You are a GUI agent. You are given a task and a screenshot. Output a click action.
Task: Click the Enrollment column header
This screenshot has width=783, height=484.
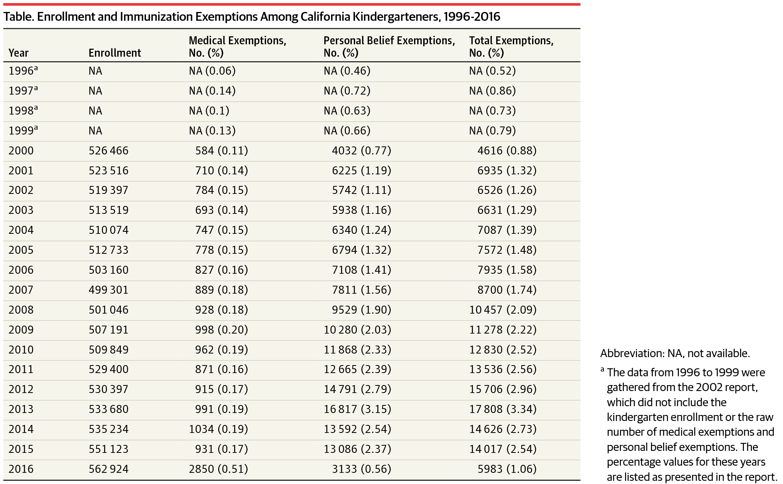pos(114,53)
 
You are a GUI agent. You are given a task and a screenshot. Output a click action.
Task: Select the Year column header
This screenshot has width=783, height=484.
pos(19,53)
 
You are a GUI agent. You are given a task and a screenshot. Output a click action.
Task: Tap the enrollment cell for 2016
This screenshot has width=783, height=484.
pos(108,469)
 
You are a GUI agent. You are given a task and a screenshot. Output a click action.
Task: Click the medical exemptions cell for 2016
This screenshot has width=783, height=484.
pos(218,469)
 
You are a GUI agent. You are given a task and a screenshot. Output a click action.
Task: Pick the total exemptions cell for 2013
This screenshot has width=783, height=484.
pos(503,409)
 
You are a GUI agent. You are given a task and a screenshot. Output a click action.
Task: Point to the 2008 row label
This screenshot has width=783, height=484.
pos(21,310)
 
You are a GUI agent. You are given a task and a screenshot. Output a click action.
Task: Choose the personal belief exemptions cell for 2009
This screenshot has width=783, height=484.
pos(357,330)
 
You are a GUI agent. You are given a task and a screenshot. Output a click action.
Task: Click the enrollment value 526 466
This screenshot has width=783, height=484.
pos(108,151)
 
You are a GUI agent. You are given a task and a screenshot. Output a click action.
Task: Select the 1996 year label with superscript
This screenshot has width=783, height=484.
pos(23,71)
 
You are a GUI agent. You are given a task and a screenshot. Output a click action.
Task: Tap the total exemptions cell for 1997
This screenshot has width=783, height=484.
pos(492,91)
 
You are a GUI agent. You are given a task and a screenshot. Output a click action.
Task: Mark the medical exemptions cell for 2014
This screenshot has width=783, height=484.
pos(218,429)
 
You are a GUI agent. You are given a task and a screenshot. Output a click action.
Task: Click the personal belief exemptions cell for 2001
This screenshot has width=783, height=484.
pos(361,171)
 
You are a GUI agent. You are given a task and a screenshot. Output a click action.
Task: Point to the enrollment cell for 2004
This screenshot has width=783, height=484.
pos(108,230)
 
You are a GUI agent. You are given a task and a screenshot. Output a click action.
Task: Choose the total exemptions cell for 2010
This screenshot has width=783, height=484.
pos(503,350)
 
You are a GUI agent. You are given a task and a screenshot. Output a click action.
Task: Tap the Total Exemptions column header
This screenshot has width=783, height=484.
pos(511,47)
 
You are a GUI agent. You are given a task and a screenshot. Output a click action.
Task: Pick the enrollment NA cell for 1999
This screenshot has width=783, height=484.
pos(95,131)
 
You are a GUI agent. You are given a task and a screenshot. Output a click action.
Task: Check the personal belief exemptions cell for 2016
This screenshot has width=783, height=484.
pos(361,469)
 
